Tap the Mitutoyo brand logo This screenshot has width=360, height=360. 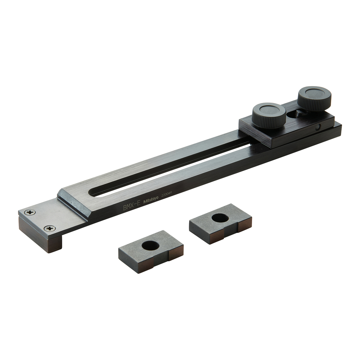(151, 200)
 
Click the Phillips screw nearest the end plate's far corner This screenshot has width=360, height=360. (30, 212)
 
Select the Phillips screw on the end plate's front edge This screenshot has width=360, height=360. (50, 229)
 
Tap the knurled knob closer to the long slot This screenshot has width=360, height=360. (269, 115)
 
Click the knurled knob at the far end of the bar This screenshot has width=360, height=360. (314, 98)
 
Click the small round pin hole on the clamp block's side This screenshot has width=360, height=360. (318, 128)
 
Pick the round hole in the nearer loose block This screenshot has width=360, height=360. (150, 246)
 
